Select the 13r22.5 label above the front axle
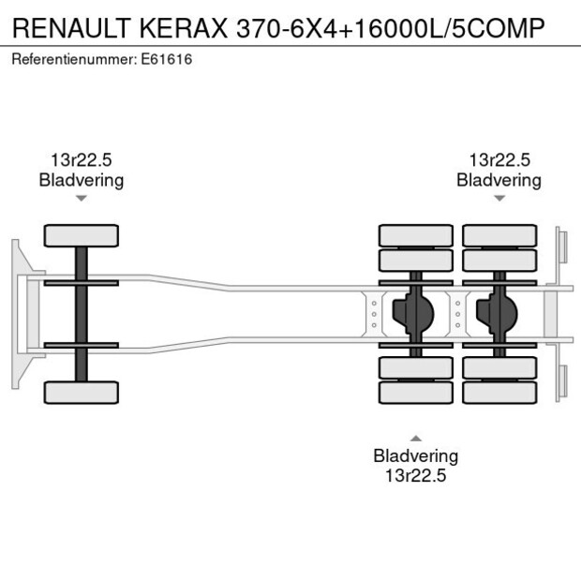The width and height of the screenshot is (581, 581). [81, 160]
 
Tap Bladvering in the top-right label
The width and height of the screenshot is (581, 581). [499, 180]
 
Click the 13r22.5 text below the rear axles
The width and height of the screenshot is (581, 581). [415, 475]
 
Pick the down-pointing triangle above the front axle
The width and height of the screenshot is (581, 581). [82, 199]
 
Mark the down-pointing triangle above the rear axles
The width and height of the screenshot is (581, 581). [499, 199]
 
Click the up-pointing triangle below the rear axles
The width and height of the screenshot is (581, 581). [415, 438]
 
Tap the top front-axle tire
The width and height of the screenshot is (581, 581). [82, 235]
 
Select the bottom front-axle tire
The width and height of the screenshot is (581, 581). [82, 392]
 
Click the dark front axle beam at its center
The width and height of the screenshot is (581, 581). [82, 314]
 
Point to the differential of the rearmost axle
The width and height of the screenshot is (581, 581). [499, 314]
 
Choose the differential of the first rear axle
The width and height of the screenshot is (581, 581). [415, 314]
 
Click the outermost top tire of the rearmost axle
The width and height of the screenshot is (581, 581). [499, 234]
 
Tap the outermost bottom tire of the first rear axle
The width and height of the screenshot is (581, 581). [415, 393]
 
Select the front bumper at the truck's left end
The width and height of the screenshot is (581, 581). [17, 314]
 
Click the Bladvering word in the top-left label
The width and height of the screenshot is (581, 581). [82, 180]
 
